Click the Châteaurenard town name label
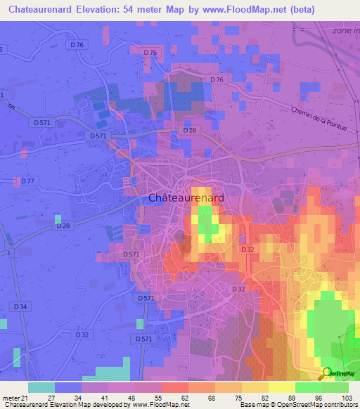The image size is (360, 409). click(x=186, y=198)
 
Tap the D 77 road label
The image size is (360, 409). click(x=27, y=181)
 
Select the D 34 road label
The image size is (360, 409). click(x=20, y=306)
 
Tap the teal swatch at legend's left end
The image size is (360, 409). click(x=41, y=387)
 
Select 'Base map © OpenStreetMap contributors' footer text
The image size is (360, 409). click(x=298, y=405)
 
